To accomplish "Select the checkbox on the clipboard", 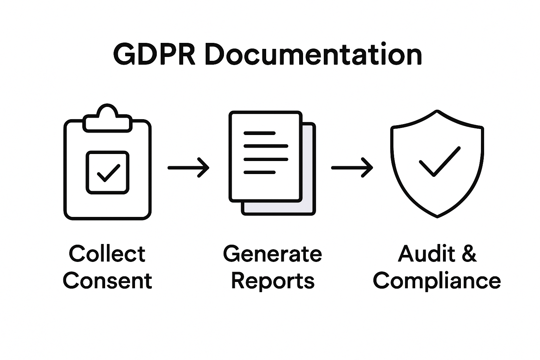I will point(108,172).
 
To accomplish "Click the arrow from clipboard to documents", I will point(188,168).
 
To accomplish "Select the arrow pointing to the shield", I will point(352,168).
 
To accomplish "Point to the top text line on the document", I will point(259,133).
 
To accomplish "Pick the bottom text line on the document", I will point(259,172).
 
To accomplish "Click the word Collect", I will point(107,254).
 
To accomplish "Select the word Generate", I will point(272,254).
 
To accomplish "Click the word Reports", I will point(272,281).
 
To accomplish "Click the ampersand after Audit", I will point(469,254).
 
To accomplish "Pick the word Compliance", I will point(437,281).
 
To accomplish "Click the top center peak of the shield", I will point(437,112).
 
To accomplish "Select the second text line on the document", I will point(266,146).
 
